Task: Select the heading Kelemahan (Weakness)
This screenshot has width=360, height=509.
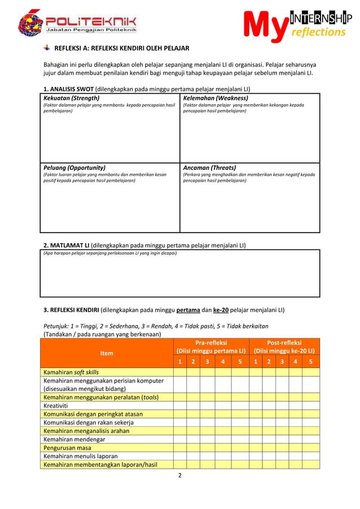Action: pos(216,98)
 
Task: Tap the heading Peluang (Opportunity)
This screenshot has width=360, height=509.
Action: pos(74,168)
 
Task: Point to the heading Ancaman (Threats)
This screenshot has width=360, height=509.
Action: pos(209,168)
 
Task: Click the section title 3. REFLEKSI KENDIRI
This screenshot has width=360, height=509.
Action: pos(71,309)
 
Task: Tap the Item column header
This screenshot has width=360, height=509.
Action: pos(106,353)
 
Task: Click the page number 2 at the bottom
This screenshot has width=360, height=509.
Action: pos(180,476)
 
